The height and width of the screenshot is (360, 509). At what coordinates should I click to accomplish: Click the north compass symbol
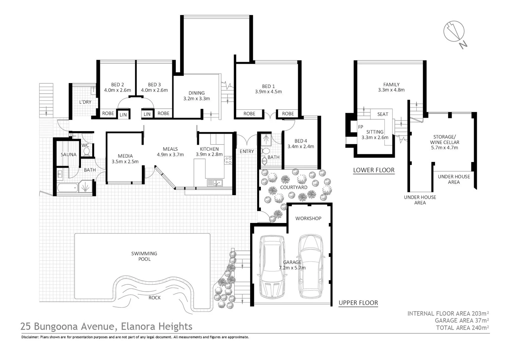[454, 32]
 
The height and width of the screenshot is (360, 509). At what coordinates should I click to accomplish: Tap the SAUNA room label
[69, 155]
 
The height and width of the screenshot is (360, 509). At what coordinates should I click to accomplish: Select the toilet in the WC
[87, 152]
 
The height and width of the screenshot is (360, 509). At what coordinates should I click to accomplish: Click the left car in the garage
[272, 267]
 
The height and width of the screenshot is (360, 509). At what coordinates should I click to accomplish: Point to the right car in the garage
[310, 267]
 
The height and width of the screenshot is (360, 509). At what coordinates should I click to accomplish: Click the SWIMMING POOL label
[144, 256]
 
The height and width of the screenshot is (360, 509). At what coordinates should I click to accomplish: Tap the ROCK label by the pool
[155, 298]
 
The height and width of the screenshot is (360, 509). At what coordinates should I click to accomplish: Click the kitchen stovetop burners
[228, 160]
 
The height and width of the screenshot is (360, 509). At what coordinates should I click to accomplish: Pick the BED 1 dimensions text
[268, 92]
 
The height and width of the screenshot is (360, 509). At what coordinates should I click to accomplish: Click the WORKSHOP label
[308, 218]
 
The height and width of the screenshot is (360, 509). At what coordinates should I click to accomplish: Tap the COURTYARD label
[293, 187]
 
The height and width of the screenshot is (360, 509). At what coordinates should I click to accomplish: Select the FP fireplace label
[360, 127]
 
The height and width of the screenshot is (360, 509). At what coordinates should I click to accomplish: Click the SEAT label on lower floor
[383, 114]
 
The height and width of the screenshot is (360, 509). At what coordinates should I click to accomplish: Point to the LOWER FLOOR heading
[374, 170]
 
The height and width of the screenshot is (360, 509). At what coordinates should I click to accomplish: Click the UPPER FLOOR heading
[358, 303]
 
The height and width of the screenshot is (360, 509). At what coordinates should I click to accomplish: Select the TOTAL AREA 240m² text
[462, 328]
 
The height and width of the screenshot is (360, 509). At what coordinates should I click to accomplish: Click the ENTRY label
[247, 151]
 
